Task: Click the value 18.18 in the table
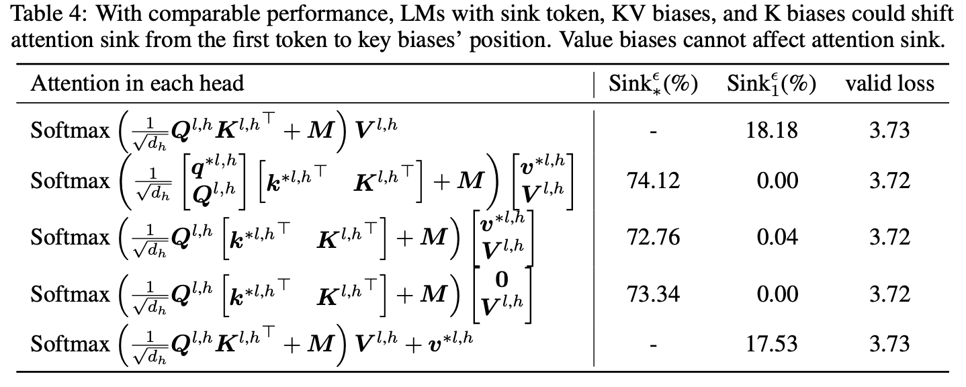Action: click(772, 130)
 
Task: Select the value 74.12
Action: click(653, 181)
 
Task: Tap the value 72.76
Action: click(653, 237)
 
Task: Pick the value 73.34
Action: click(653, 294)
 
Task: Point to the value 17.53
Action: click(772, 344)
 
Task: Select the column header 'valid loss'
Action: click(889, 83)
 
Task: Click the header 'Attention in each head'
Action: click(137, 83)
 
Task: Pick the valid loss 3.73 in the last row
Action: click(889, 344)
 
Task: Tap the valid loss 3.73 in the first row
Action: click(889, 130)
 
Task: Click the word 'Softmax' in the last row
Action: click(70, 344)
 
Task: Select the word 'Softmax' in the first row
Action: click(70, 130)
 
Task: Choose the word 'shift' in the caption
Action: click(936, 14)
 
